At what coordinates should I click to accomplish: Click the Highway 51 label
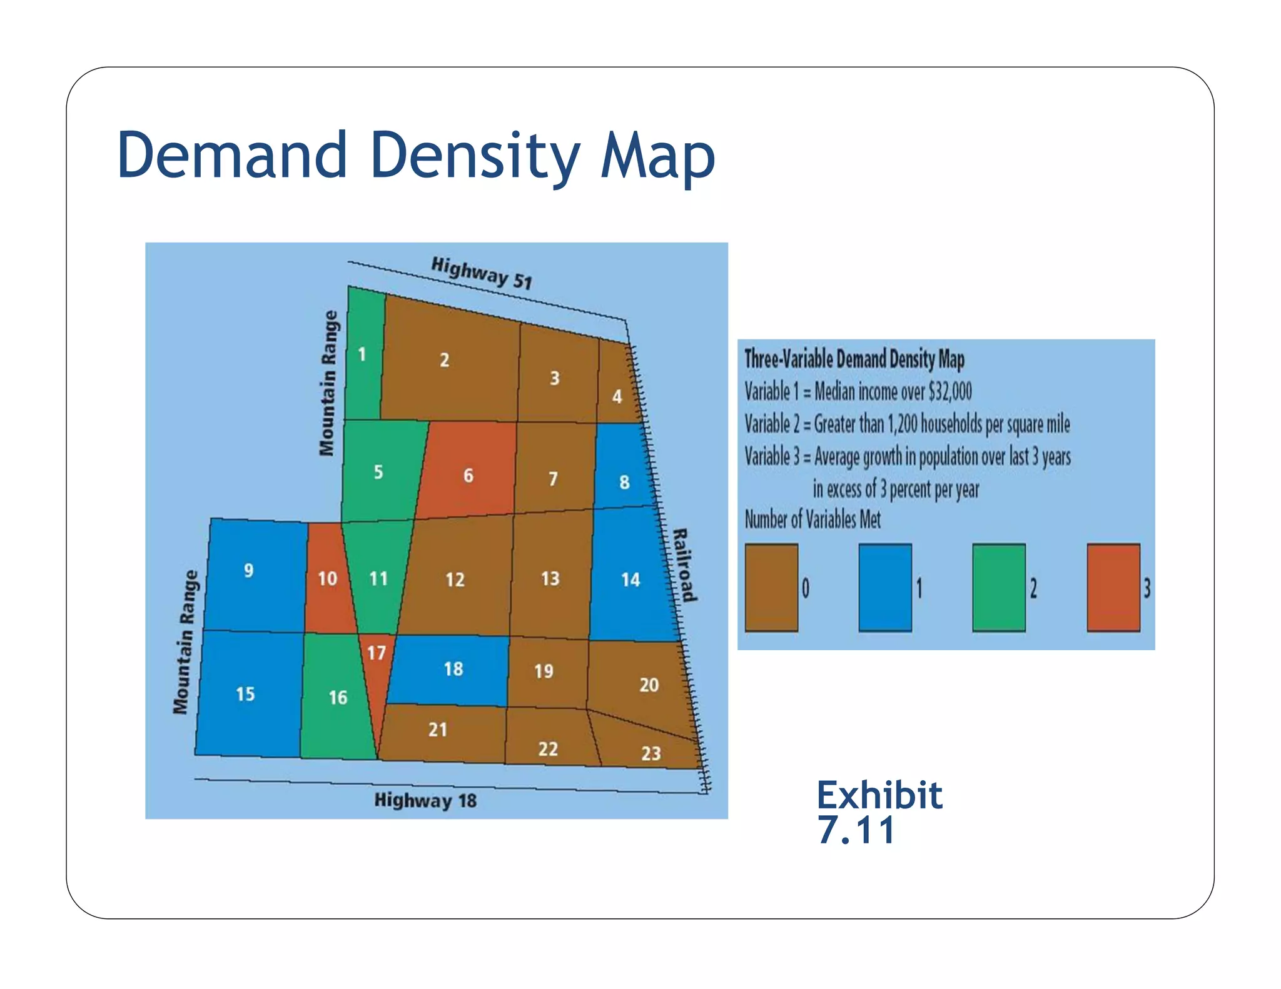click(482, 273)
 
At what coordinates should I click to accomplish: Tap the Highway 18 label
click(425, 800)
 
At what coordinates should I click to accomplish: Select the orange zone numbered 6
click(468, 475)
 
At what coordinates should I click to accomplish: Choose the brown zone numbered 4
click(617, 388)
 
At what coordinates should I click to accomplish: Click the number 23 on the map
click(651, 753)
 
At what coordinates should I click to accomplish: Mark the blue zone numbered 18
click(453, 669)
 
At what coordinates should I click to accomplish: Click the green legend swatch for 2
click(998, 587)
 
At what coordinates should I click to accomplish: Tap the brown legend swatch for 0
click(771, 587)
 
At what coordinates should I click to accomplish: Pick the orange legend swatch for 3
click(1113, 587)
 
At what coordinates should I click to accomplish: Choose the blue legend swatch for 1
click(884, 587)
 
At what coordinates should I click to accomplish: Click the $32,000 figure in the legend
click(950, 392)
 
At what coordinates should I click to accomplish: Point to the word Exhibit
click(879, 795)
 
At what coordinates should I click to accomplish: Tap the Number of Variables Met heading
click(812, 520)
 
